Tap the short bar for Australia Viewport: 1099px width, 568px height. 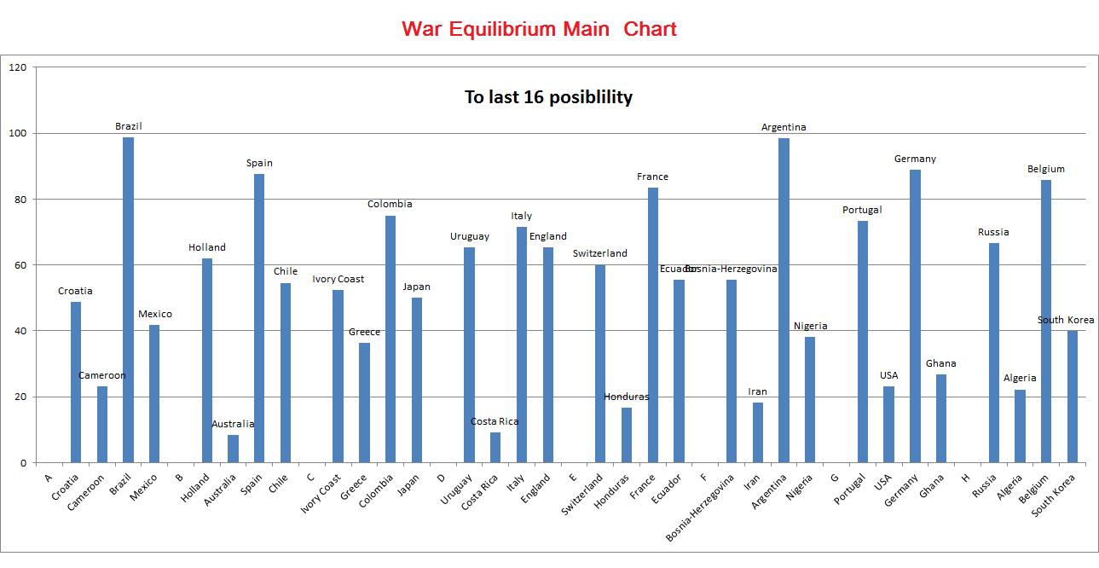click(233, 449)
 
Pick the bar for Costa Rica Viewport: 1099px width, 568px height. click(495, 448)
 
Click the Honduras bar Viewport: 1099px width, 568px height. click(627, 435)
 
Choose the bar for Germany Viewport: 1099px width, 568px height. click(915, 316)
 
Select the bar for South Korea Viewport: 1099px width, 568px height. click(1073, 397)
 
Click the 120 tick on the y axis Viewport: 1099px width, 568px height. click(18, 67)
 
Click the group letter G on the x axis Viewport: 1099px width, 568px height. click(835, 477)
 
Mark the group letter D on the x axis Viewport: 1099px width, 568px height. click(441, 477)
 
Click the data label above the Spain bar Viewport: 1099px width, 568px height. click(259, 163)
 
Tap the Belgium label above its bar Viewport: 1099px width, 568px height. click(1046, 169)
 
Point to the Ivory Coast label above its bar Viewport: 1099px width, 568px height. click(338, 279)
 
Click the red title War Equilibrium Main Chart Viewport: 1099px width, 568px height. click(539, 29)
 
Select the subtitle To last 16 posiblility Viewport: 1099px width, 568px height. click(548, 97)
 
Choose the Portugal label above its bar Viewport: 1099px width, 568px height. click(862, 210)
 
